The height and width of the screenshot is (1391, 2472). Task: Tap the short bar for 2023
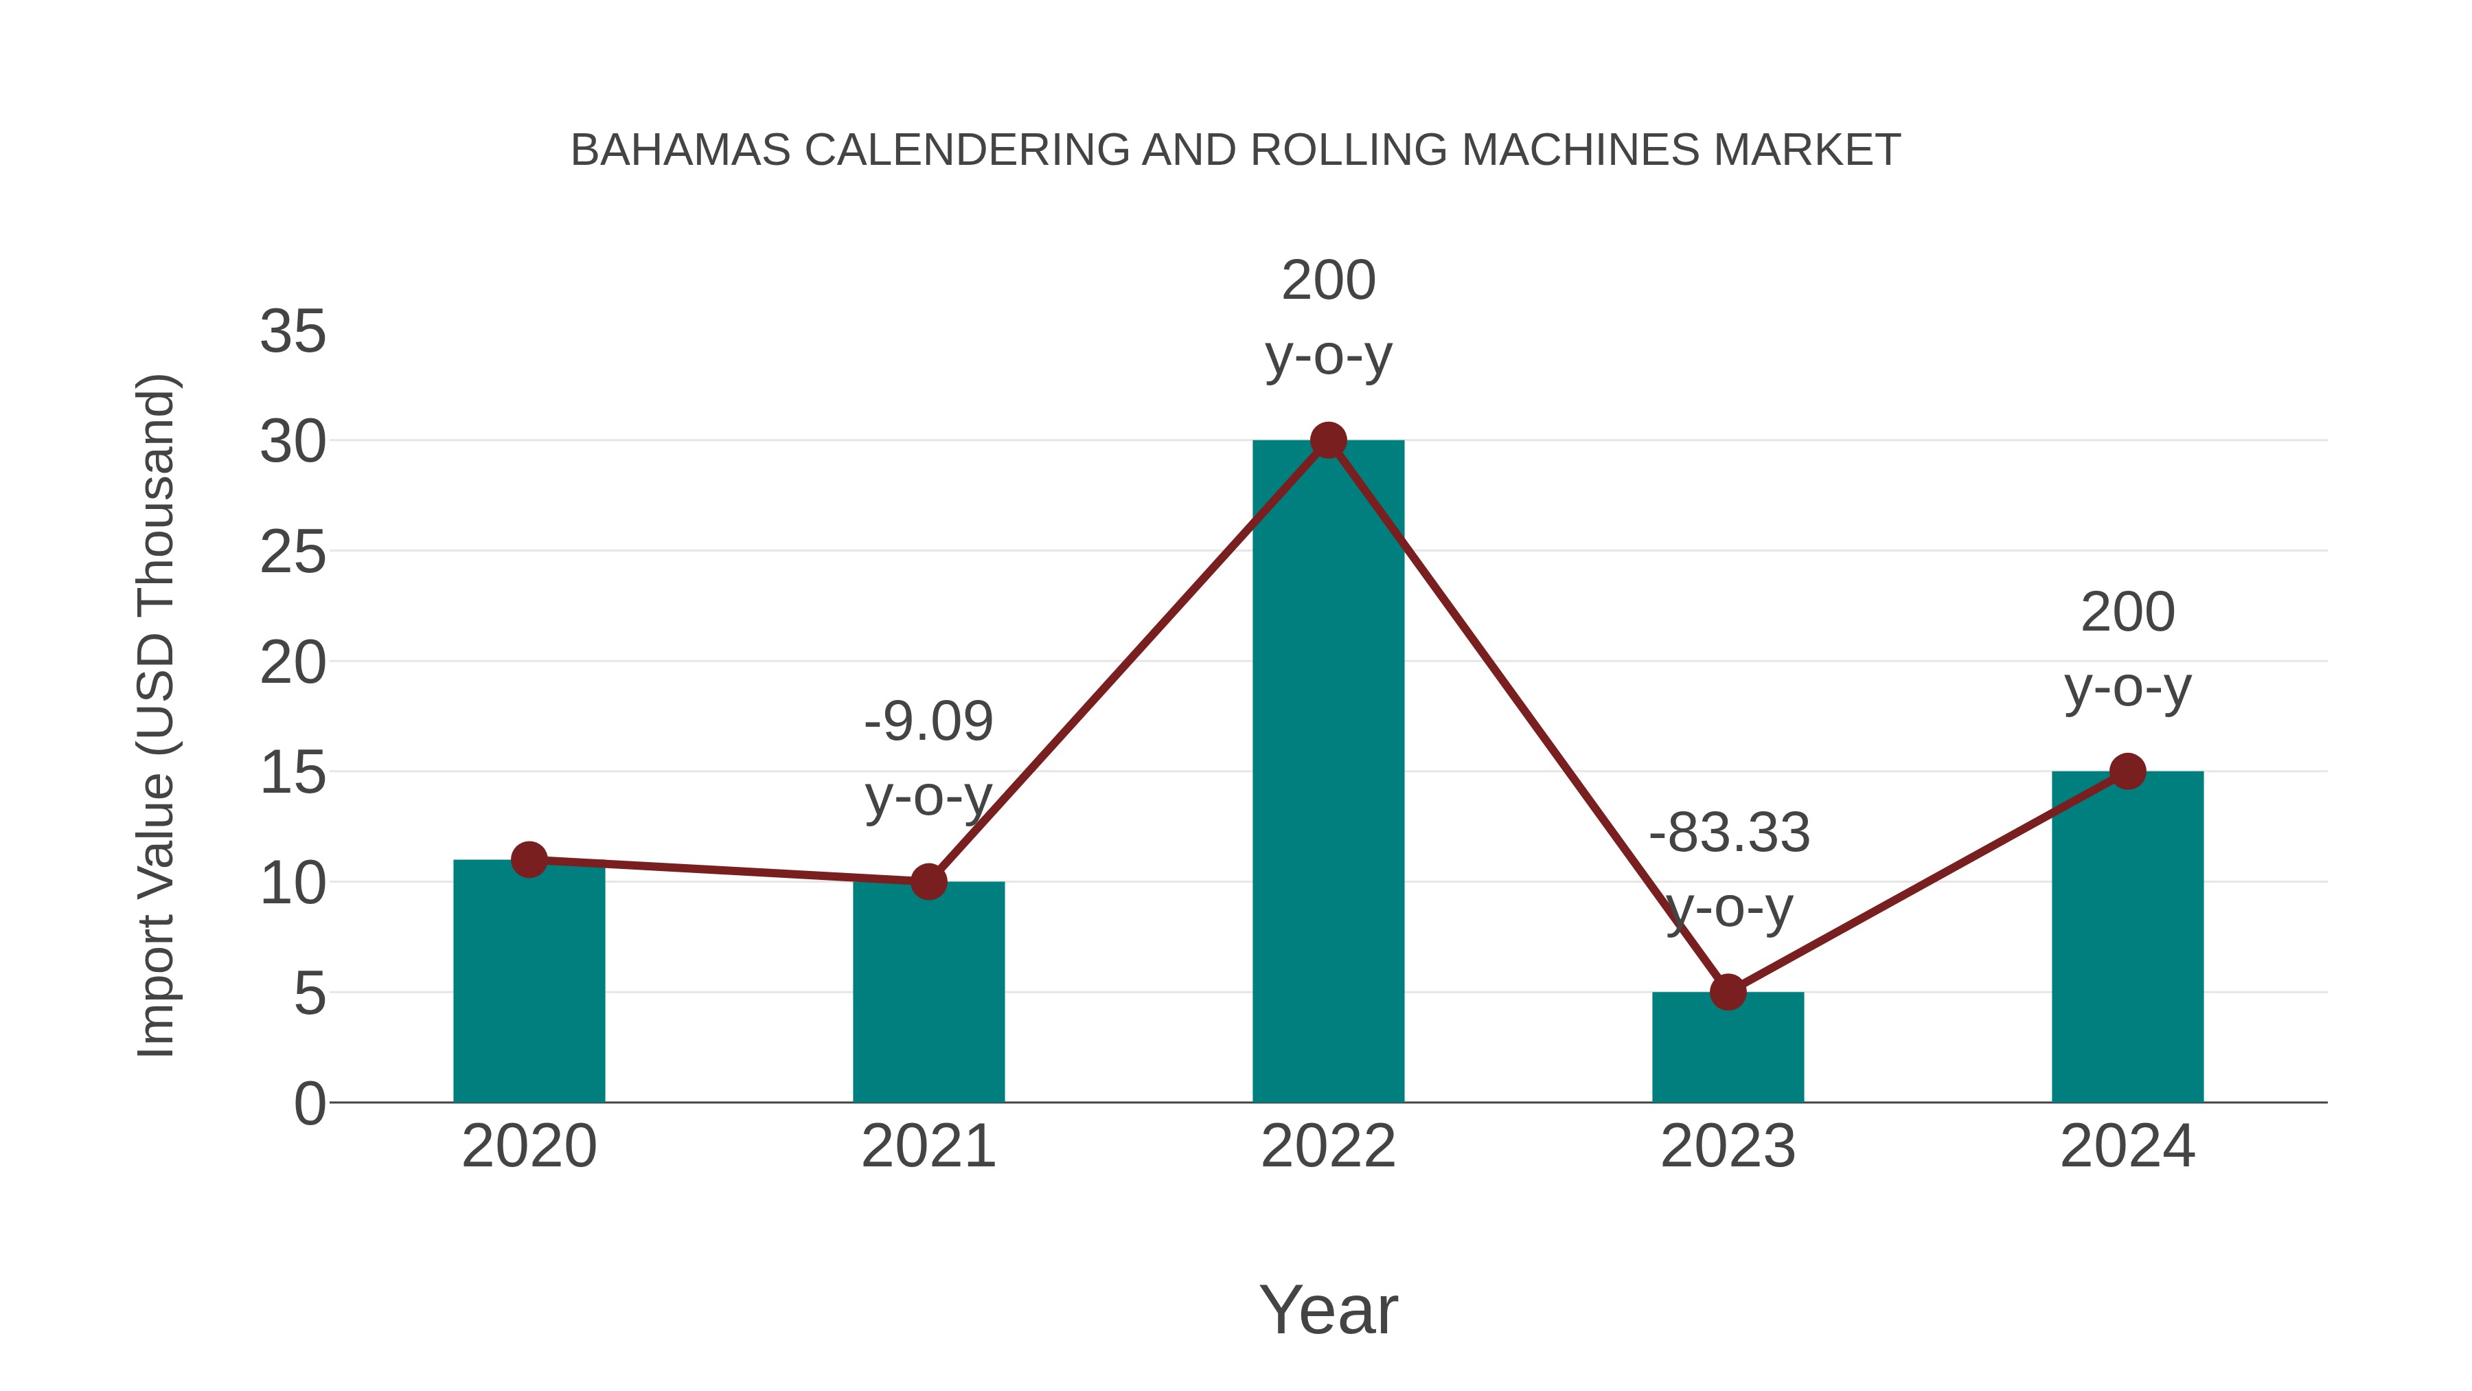pyautogui.click(x=1728, y=1048)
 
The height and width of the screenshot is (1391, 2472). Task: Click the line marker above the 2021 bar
pyautogui.click(x=928, y=881)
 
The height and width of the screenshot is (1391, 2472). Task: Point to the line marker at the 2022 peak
pyautogui.click(x=1328, y=440)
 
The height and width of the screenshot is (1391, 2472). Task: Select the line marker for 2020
pyautogui.click(x=529, y=859)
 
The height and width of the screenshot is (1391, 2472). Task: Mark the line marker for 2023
pyautogui.click(x=1728, y=992)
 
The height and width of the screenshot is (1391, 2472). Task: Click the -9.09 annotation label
pyautogui.click(x=928, y=722)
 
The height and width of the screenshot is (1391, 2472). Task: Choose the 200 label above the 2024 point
pyautogui.click(x=2127, y=613)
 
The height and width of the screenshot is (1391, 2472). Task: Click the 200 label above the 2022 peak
pyautogui.click(x=1328, y=280)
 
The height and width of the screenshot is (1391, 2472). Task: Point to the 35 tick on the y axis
pyautogui.click(x=293, y=332)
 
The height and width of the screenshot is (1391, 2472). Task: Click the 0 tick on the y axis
pyautogui.click(x=309, y=1103)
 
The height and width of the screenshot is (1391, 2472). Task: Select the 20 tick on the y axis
pyautogui.click(x=293, y=662)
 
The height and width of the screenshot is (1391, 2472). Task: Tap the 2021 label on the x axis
pyautogui.click(x=928, y=1146)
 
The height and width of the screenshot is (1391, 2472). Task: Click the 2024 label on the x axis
pyautogui.click(x=2127, y=1146)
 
